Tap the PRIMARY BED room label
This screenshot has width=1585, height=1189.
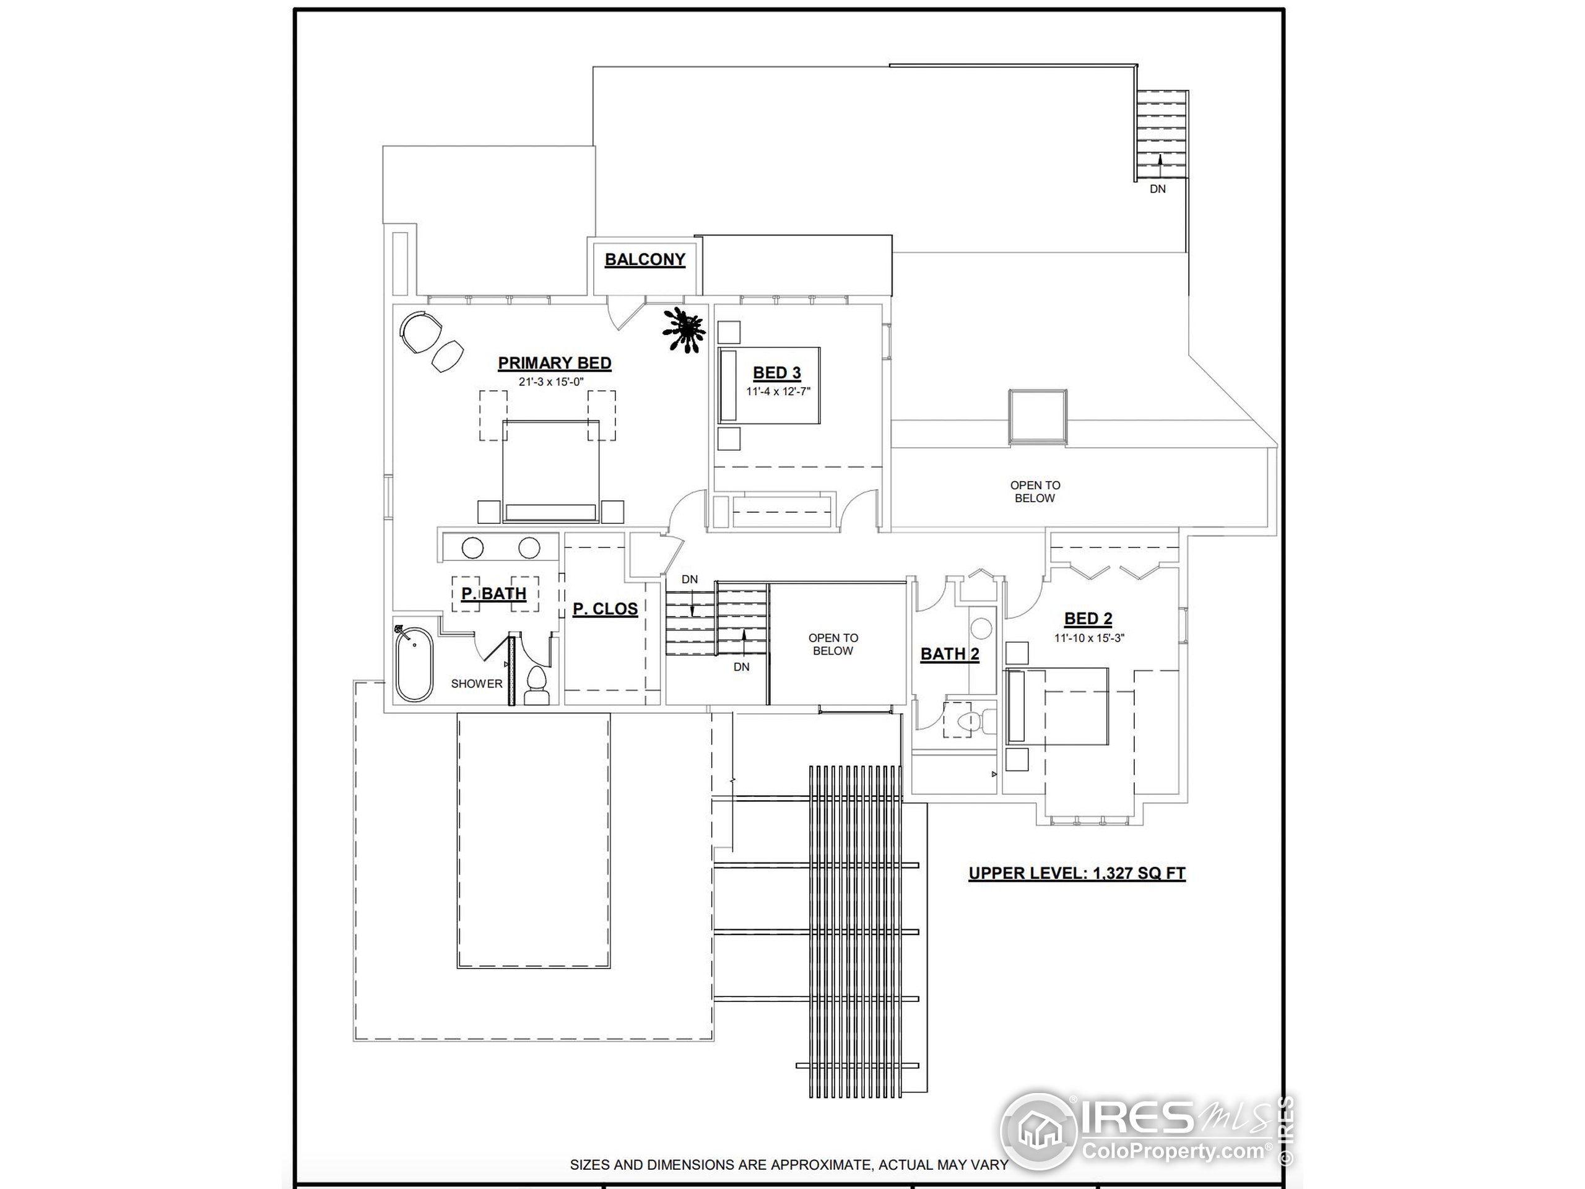[x=555, y=363]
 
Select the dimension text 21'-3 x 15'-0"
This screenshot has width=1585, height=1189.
[x=552, y=382]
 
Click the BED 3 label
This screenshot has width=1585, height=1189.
[x=777, y=373]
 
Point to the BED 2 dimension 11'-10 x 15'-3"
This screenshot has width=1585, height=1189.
[x=1088, y=638]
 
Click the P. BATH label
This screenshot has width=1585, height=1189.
[x=493, y=593]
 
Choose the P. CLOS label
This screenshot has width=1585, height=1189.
[x=605, y=609]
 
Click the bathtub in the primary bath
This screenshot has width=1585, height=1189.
[x=414, y=664]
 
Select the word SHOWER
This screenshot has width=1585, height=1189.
[x=477, y=684]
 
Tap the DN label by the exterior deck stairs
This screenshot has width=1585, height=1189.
[x=1157, y=189]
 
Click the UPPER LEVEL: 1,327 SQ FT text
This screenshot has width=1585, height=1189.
[x=1077, y=873]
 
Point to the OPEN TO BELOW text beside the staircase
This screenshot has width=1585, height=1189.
[x=833, y=644]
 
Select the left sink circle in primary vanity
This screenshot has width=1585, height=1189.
[x=472, y=548]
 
